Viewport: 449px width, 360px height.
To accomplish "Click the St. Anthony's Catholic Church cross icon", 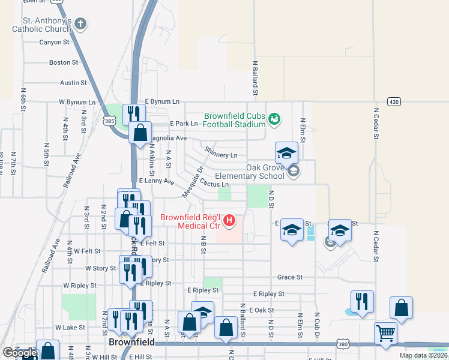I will click(80, 24).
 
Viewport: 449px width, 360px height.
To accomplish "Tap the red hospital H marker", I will click(229, 221).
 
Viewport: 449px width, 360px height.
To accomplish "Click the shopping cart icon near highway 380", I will click(385, 333).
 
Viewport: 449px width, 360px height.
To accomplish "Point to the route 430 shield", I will click(394, 101).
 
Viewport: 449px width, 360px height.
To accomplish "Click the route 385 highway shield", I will click(109, 121).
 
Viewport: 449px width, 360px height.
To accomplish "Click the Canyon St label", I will click(55, 43).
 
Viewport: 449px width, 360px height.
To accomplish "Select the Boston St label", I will click(64, 62).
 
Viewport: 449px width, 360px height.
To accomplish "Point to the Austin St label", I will click(74, 83).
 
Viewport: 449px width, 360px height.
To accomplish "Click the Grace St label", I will click(289, 278).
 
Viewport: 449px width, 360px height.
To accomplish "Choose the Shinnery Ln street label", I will click(221, 153).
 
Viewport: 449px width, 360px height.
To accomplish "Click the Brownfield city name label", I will click(132, 342).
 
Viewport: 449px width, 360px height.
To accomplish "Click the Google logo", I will click(19, 353).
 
